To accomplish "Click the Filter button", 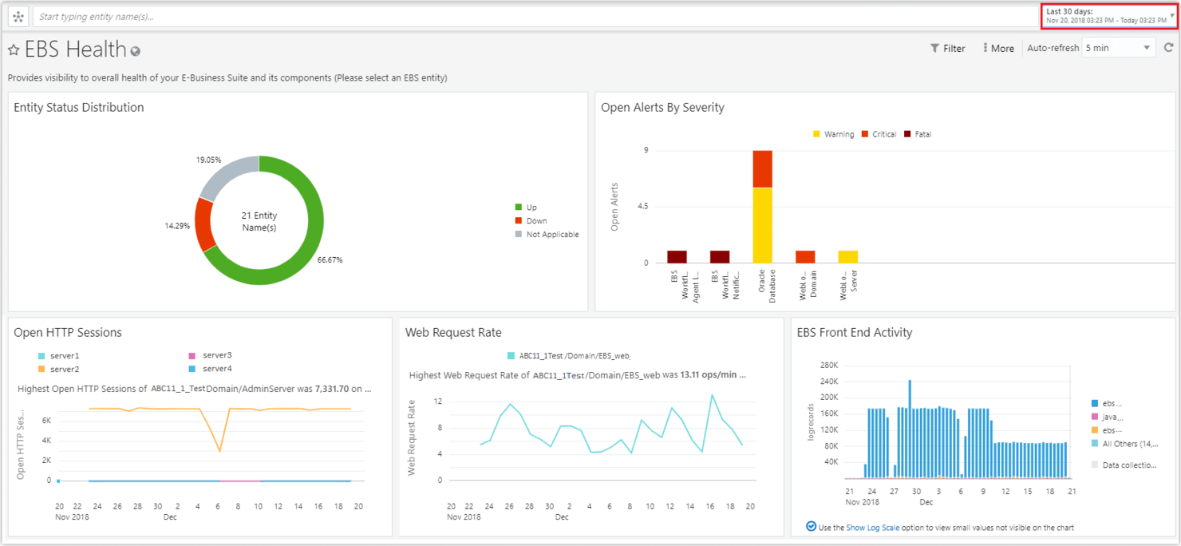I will pyautogui.click(x=947, y=49).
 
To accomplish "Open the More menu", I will pyautogui.click(x=997, y=49).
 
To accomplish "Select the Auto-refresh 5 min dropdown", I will pyautogui.click(x=1117, y=48).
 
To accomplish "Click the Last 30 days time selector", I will pyautogui.click(x=1108, y=16).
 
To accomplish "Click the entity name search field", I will pyautogui.click(x=535, y=17).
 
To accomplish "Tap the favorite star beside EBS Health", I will pyautogui.click(x=14, y=50).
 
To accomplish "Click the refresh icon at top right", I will pyautogui.click(x=1168, y=48).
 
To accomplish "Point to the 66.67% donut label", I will pyautogui.click(x=330, y=260).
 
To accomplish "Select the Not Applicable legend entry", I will pyautogui.click(x=551, y=235).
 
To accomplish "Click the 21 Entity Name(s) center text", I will pyautogui.click(x=259, y=222).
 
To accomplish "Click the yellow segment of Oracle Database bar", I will pyautogui.click(x=762, y=224).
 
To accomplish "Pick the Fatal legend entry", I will pyautogui.click(x=922, y=134).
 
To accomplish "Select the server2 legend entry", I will pyautogui.click(x=64, y=370).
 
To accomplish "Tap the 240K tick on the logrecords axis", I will pyautogui.click(x=827, y=381).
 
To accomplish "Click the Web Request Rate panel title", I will pyautogui.click(x=453, y=333).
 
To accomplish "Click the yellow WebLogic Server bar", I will pyautogui.click(x=847, y=257).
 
